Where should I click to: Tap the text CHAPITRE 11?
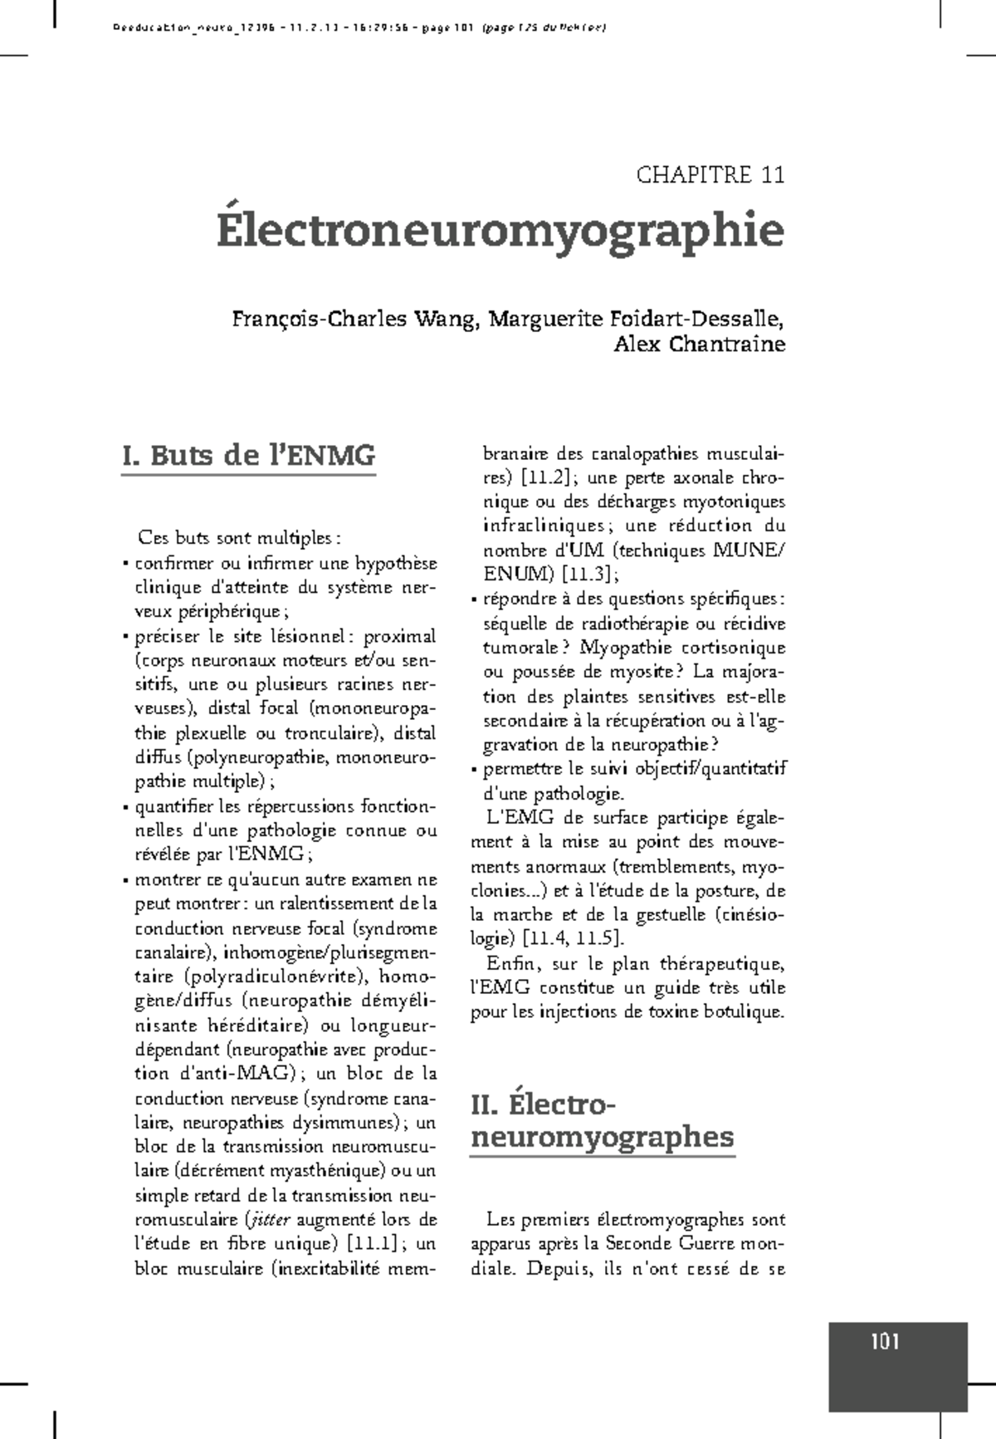pos(710,175)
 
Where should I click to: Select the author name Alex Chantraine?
pos(699,345)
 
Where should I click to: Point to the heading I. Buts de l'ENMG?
pos(248,456)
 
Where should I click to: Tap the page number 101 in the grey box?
pos(886,1342)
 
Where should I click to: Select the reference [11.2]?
pos(544,478)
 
